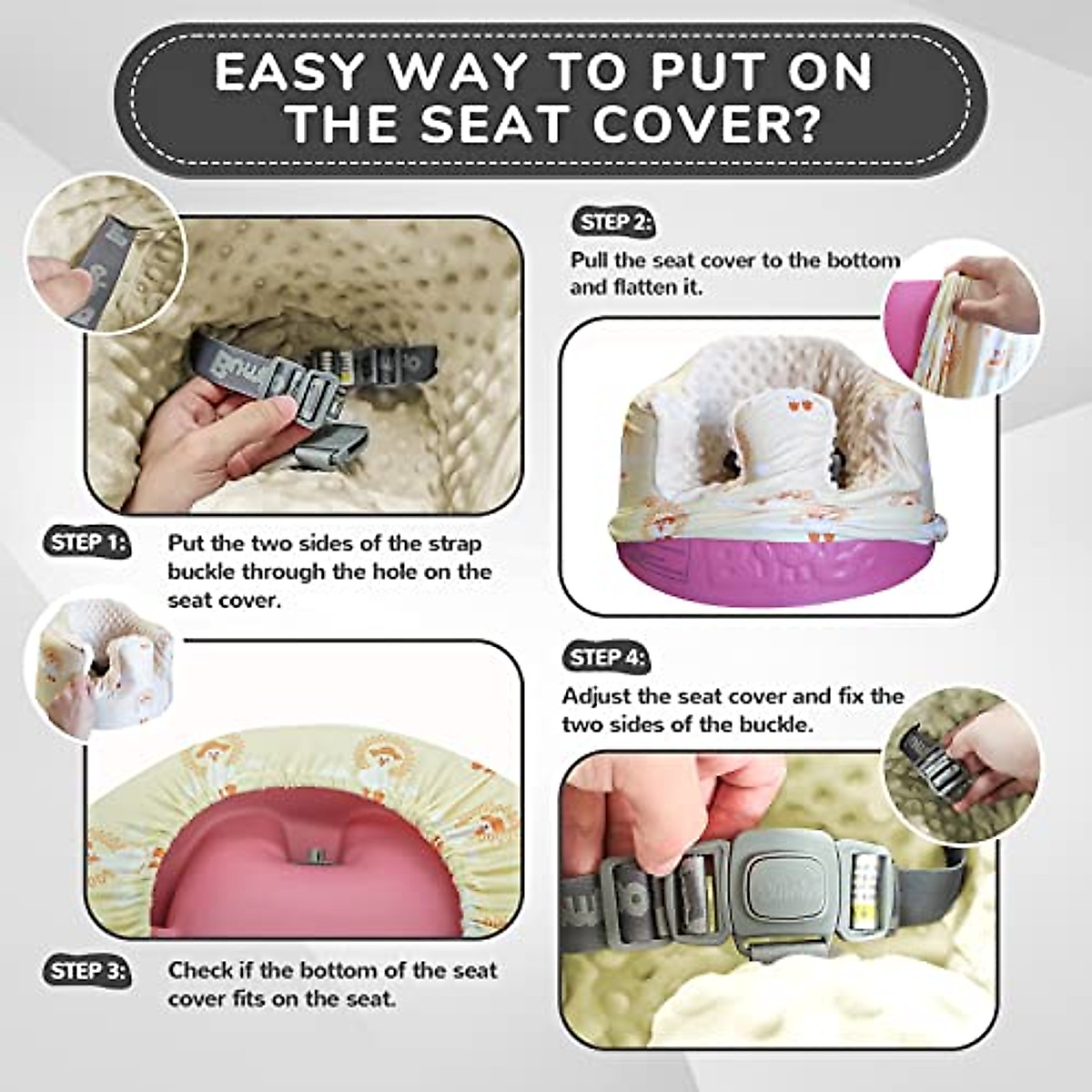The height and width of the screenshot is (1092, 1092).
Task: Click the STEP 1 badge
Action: [86, 543]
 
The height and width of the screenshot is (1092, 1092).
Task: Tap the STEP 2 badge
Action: [612, 223]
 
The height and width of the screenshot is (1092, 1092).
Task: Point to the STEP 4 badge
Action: [605, 658]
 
